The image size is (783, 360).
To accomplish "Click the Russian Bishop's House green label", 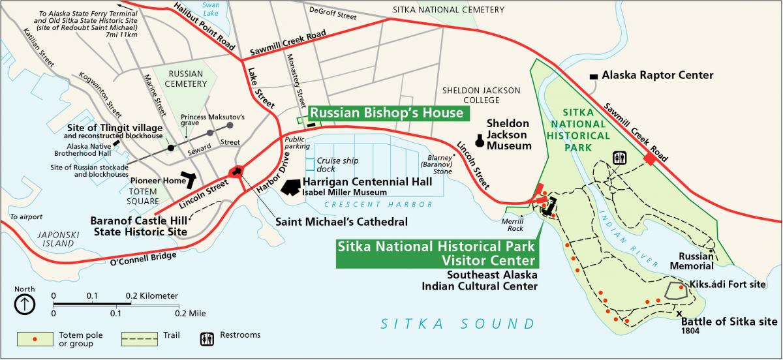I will pyautogui.click(x=386, y=113).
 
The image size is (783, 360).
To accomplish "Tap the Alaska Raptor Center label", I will pyautogui.click(x=657, y=76).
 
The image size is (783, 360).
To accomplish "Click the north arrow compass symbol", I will pyautogui.click(x=25, y=303).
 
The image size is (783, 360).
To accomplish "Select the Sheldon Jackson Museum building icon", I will pyautogui.click(x=480, y=140).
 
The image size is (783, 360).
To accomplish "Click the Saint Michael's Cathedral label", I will pyautogui.click(x=341, y=222).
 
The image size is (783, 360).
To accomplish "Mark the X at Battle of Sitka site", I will pyautogui.click(x=679, y=313).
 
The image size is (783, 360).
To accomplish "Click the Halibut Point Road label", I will pyautogui.click(x=204, y=26).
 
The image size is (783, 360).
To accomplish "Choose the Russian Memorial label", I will pyautogui.click(x=696, y=261).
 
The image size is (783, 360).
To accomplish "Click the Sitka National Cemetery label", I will pyautogui.click(x=448, y=10).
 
